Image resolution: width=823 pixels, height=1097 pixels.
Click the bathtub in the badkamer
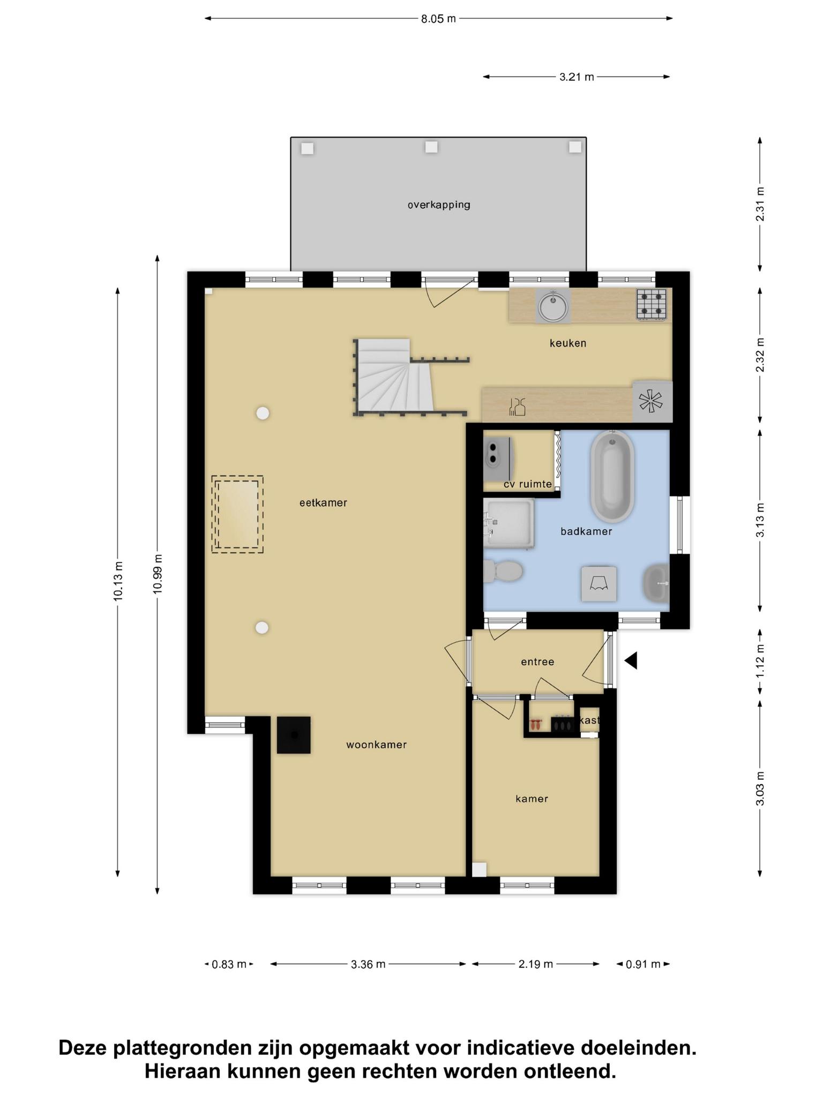(x=612, y=476)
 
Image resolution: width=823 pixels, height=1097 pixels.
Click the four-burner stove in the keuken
(x=652, y=304)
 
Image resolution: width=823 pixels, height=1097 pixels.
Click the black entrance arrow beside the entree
(x=631, y=660)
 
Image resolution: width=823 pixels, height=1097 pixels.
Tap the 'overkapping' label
(x=439, y=205)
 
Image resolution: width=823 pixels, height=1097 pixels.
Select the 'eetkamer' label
(x=323, y=503)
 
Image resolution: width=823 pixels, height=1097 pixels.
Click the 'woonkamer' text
(x=376, y=745)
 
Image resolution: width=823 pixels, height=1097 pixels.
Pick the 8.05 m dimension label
(x=438, y=19)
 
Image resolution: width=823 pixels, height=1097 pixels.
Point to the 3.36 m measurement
(x=368, y=964)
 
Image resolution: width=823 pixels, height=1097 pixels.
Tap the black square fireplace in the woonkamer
(x=294, y=735)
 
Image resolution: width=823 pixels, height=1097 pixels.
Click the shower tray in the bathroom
(x=508, y=523)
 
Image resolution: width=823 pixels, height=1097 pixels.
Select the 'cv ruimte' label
(x=527, y=484)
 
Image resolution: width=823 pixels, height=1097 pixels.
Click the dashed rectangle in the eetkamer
(x=237, y=514)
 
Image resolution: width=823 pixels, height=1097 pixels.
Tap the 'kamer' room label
(x=532, y=799)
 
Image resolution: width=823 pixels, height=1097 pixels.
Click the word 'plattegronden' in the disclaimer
(x=182, y=1048)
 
